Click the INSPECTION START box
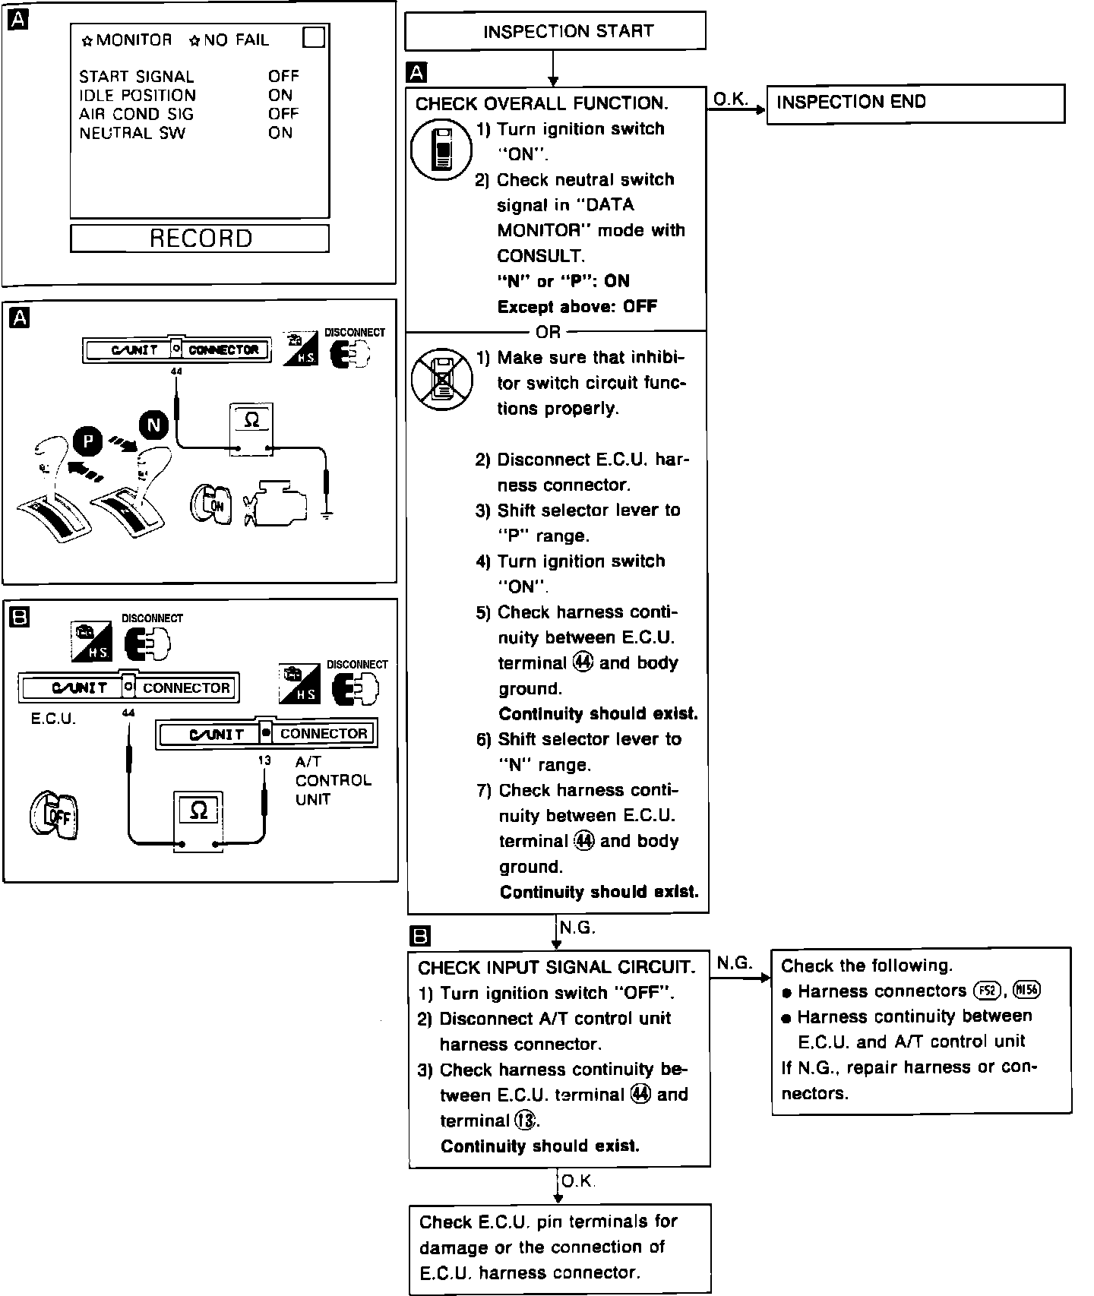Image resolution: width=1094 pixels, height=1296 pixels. click(x=555, y=31)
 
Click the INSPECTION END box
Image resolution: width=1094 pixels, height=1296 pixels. click(x=915, y=103)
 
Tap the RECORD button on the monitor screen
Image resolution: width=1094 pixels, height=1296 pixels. click(x=200, y=239)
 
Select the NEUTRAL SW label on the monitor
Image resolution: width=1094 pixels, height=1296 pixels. click(x=132, y=133)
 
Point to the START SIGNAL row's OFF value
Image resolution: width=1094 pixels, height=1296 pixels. click(x=283, y=76)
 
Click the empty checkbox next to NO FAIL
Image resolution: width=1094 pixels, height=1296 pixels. click(x=314, y=37)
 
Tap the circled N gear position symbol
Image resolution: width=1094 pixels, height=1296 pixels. click(x=154, y=425)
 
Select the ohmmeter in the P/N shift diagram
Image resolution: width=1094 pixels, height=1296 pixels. click(x=251, y=430)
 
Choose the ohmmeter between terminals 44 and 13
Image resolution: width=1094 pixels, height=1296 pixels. click(x=198, y=821)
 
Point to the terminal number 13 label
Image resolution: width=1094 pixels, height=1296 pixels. click(x=264, y=760)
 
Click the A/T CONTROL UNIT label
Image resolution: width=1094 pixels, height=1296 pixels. click(x=333, y=780)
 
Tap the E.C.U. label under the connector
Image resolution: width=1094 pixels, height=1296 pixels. click(x=53, y=719)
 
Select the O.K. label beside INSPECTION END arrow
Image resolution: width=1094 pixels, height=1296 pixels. click(x=731, y=99)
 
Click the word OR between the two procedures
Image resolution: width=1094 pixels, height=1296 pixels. click(x=548, y=332)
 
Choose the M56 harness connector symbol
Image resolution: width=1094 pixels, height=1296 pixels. click(x=1026, y=991)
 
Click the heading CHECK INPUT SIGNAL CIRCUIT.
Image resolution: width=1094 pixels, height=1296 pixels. click(x=556, y=967)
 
